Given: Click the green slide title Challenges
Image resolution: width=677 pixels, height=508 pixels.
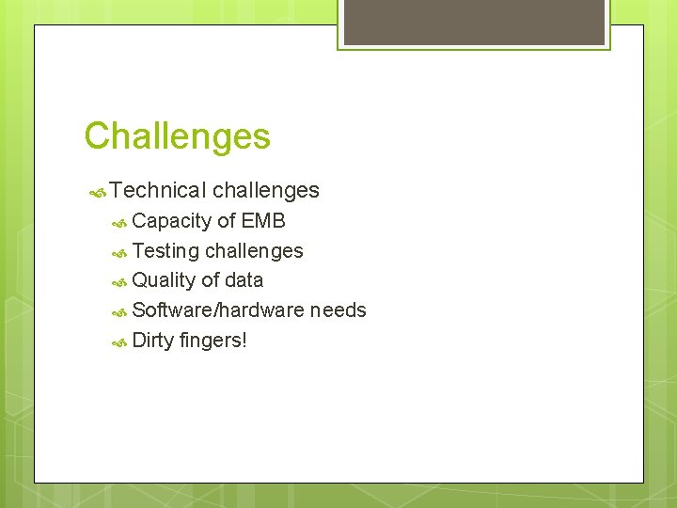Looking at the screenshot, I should pyautogui.click(x=177, y=136).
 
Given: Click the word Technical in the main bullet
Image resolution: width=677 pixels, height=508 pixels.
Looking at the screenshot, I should pyautogui.click(x=157, y=191).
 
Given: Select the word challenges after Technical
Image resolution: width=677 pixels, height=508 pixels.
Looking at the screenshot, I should pyautogui.click(x=266, y=191).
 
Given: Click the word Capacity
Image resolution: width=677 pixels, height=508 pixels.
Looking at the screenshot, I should pyautogui.click(x=172, y=222).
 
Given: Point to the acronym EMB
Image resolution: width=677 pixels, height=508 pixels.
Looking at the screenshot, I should pyautogui.click(x=263, y=221).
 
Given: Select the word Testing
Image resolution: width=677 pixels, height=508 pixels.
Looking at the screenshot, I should pyautogui.click(x=165, y=251).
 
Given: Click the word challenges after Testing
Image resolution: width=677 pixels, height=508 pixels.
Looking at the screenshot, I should pyautogui.click(x=254, y=251).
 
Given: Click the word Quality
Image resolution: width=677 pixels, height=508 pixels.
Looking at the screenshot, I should pyautogui.click(x=165, y=280).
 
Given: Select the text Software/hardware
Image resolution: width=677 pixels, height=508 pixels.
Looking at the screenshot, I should pyautogui.click(x=218, y=310).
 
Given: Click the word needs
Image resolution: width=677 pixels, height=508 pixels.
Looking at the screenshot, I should pyautogui.click(x=338, y=310).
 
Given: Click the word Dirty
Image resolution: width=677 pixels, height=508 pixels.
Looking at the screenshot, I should pyautogui.click(x=153, y=341).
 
